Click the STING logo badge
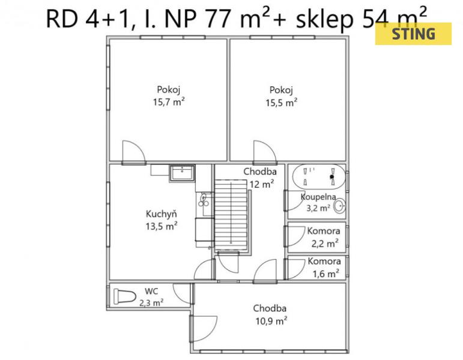(413, 34)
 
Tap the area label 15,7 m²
(169, 102)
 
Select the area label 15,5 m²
(282, 103)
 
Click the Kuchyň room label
(161, 214)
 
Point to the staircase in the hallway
(231, 215)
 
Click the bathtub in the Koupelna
(319, 177)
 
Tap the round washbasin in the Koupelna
(339, 205)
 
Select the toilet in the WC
(124, 296)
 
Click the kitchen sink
(182, 173)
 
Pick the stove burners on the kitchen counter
(204, 200)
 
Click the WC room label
(151, 291)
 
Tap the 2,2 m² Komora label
(325, 244)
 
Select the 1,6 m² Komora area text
(325, 274)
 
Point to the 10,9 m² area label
(271, 320)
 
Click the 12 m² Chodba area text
(262, 184)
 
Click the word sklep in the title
(324, 20)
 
